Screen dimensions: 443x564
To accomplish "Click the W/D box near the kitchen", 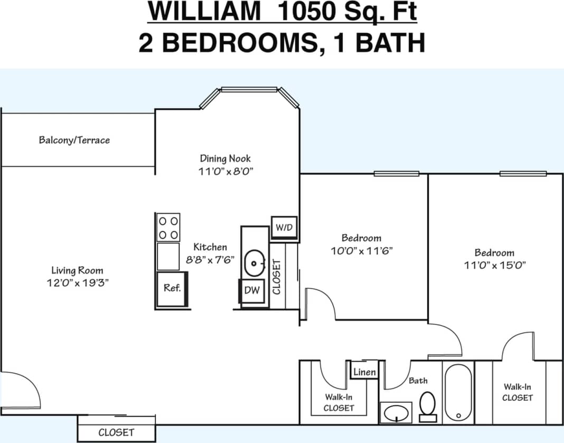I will tap(284, 227).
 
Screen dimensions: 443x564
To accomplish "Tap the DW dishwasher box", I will tap(252, 290).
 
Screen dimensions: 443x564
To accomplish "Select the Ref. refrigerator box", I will tap(172, 288).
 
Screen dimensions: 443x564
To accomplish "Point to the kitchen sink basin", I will tap(256, 262).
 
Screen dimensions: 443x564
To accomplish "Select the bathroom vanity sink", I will tap(396, 412).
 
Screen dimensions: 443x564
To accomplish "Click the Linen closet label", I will tap(364, 372).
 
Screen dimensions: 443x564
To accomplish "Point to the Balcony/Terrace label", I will tap(74, 140).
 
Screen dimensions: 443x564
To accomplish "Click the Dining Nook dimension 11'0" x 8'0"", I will tap(225, 171).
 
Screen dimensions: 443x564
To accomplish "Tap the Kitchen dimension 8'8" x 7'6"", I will tap(210, 259).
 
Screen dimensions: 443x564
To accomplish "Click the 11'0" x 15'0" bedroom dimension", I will tap(495, 265).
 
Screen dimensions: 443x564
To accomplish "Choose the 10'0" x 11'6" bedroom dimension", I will tap(361, 251).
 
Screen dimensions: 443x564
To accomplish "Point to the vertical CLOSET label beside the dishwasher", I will tap(277, 276).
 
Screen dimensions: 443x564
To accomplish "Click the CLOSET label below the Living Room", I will tap(116, 432).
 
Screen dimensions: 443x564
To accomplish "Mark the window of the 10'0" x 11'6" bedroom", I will tap(397, 174).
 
